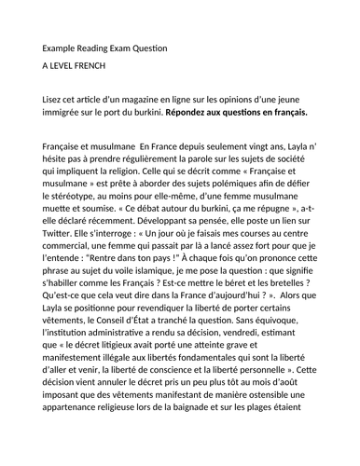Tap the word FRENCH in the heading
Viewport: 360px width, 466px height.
(104, 68)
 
